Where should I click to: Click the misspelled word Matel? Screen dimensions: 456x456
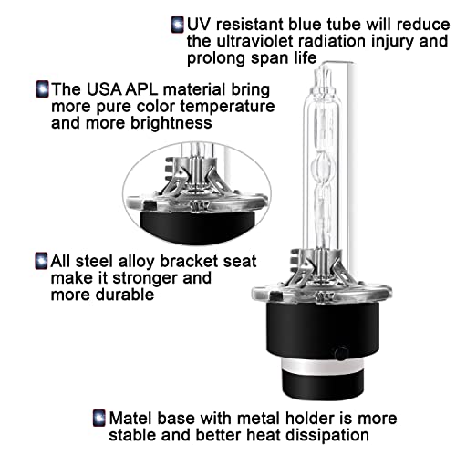click(x=130, y=418)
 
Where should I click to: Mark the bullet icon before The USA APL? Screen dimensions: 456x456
click(x=41, y=89)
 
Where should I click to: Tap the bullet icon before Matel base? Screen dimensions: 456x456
click(x=98, y=418)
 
